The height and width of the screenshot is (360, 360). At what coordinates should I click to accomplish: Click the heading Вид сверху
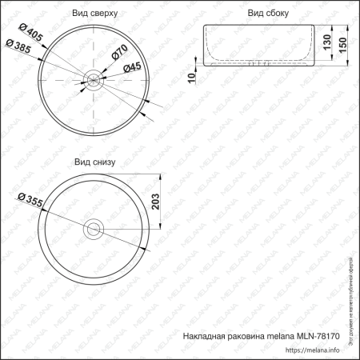[x=95, y=14]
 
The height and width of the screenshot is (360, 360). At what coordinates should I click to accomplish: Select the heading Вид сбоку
[x=268, y=14]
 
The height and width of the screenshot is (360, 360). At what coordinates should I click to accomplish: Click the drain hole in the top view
[x=94, y=79]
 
